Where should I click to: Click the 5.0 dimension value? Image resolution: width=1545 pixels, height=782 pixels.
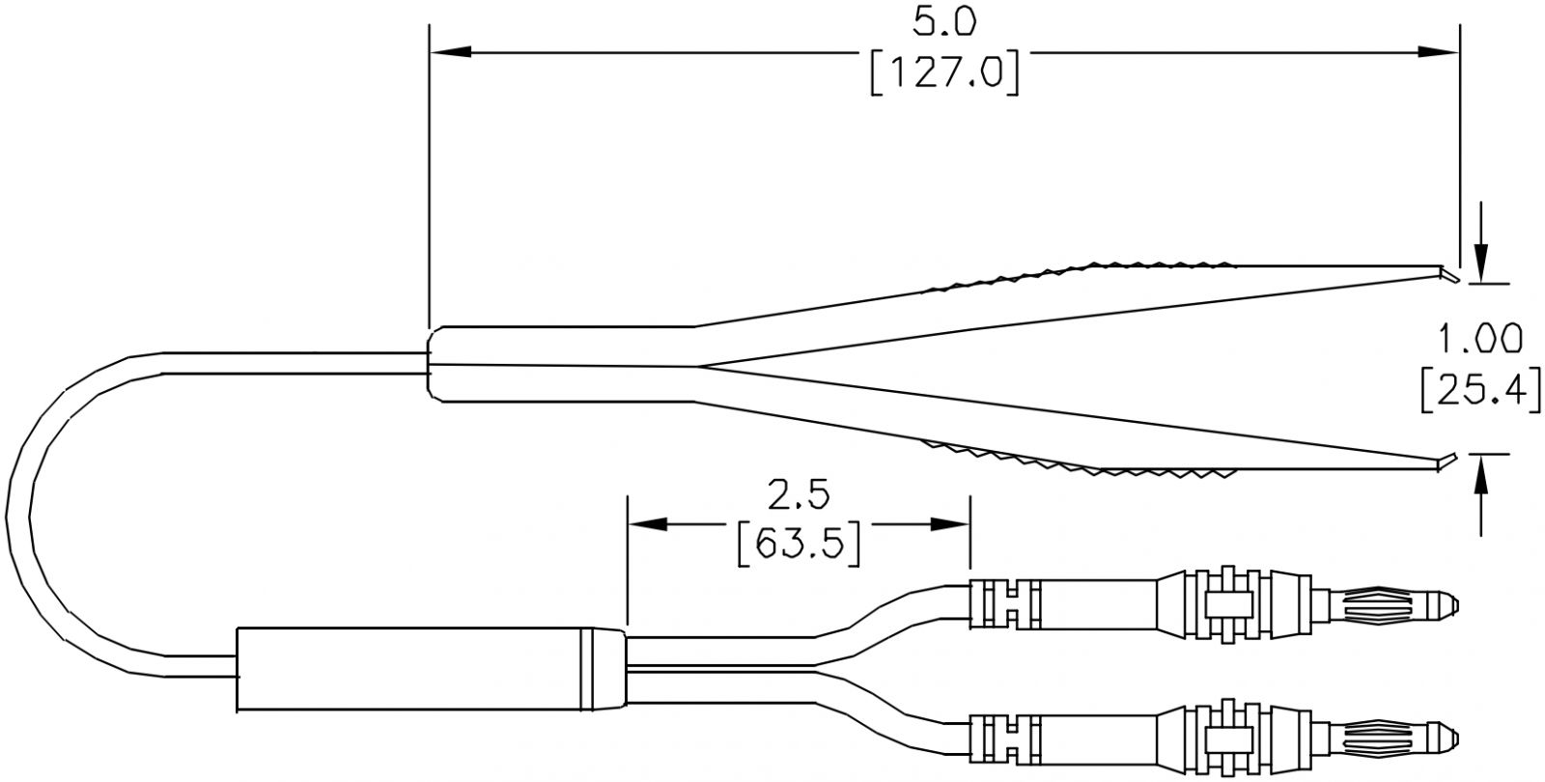tap(944, 23)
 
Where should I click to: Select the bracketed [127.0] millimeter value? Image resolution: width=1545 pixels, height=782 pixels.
tap(944, 72)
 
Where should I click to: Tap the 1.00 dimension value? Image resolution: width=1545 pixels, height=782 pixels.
tap(1479, 339)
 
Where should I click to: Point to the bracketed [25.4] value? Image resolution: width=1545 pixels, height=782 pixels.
tap(1480, 390)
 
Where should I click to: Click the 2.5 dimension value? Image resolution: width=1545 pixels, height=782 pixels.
tap(799, 495)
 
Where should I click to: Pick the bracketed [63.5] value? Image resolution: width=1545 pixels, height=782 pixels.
tap(799, 545)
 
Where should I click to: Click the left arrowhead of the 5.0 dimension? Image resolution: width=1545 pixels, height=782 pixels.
tap(450, 52)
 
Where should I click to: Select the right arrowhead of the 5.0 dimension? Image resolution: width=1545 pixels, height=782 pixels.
tap(1439, 52)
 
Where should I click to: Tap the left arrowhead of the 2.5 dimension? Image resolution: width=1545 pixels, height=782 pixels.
tap(648, 525)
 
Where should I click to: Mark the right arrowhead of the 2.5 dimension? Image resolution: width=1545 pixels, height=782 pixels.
tap(950, 525)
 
